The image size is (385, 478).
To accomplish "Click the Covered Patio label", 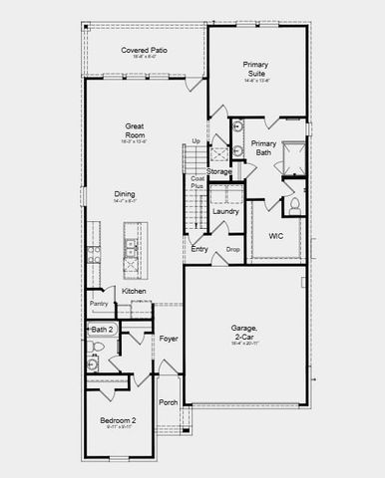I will click(143, 50).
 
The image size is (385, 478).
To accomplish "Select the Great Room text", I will click(137, 129).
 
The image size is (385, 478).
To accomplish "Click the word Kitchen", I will click(135, 291).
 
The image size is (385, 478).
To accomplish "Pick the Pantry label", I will click(99, 303).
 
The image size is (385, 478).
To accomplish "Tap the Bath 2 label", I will click(103, 329).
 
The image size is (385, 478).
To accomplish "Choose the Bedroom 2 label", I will click(118, 420).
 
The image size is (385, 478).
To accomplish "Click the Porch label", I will click(169, 402).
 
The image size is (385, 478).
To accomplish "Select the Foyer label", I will click(169, 339).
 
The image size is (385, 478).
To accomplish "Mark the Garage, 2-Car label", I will click(243, 332).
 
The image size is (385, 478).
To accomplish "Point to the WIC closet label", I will click(276, 236).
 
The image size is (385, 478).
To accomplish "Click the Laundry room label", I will click(225, 211).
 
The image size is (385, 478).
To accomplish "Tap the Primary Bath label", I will click(263, 148).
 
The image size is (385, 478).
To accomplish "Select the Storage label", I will click(219, 171).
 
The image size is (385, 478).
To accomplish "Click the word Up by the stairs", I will click(195, 141).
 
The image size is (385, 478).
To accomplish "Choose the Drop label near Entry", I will click(232, 249).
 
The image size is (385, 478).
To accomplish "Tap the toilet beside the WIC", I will click(296, 205).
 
